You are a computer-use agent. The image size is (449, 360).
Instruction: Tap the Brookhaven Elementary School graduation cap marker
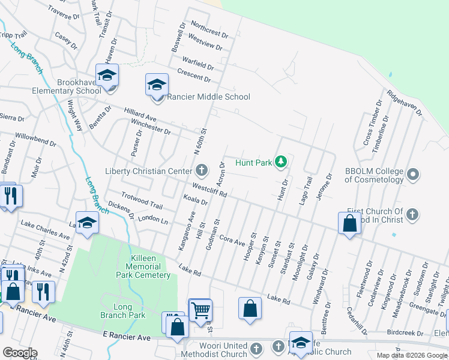(x=107, y=76)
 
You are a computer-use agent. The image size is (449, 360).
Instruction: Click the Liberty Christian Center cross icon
(x=202, y=171)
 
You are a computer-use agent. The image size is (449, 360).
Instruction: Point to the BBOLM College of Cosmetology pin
(x=412, y=175)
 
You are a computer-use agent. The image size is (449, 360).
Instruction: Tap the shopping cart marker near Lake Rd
(x=199, y=310)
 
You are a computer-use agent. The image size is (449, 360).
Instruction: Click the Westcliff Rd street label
(x=209, y=190)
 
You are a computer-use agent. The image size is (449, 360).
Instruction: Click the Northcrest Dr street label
(x=209, y=28)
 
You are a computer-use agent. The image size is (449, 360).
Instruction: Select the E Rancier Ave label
(x=127, y=338)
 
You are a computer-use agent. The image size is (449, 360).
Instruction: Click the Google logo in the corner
(x=19, y=353)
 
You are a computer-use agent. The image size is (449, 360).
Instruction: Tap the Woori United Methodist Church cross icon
(x=256, y=347)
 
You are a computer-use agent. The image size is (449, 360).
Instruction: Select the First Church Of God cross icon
(x=412, y=214)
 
